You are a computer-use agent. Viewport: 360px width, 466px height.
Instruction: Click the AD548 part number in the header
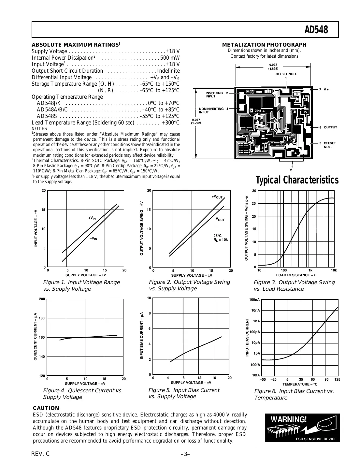click(316, 30)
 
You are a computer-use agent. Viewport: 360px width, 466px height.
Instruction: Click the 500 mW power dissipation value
click(170, 58)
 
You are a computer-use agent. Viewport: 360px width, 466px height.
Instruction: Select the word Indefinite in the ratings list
click(168, 71)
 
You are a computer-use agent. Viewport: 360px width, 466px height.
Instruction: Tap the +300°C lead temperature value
click(170, 123)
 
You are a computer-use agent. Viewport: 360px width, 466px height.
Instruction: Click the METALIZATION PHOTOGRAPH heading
click(264, 45)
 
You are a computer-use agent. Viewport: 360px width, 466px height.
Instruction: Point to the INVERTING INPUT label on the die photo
click(214, 95)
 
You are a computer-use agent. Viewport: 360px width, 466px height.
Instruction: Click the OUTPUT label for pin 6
click(330, 127)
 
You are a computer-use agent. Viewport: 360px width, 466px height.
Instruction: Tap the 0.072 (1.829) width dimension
click(273, 67)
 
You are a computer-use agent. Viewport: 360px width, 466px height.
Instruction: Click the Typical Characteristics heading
click(297, 180)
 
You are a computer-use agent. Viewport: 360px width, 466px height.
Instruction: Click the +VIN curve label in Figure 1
click(92, 218)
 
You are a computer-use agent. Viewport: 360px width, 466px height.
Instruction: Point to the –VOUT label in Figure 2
click(219, 219)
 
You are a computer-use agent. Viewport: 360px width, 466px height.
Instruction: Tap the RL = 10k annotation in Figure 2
click(221, 240)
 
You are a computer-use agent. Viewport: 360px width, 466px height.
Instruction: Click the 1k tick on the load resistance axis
click(310, 270)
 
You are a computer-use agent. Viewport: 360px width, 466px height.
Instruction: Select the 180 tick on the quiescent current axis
click(42, 318)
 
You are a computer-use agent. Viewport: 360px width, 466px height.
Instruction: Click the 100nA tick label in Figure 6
click(254, 300)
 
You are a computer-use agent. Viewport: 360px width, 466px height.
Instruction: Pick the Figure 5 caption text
click(184, 393)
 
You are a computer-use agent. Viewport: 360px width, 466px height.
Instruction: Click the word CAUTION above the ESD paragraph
click(46, 408)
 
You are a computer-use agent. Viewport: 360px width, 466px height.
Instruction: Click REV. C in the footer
click(41, 454)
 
